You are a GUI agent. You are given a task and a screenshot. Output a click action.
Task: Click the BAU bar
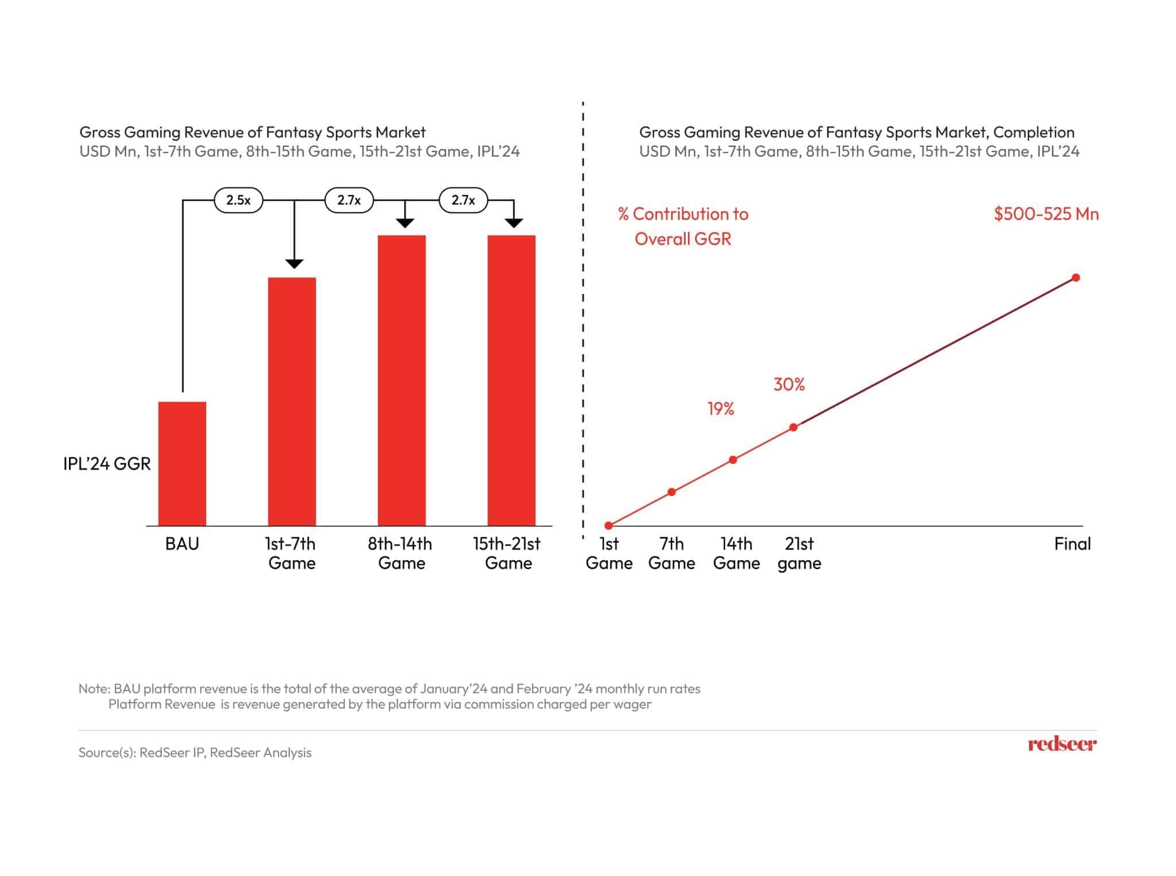tap(182, 463)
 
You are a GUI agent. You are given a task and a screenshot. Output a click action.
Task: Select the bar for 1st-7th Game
tap(292, 401)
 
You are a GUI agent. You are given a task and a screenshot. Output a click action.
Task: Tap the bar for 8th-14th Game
tap(401, 380)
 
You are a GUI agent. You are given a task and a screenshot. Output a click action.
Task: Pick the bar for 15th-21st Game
tap(511, 380)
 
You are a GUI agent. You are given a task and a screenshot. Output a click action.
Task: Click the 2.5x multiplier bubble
tap(238, 200)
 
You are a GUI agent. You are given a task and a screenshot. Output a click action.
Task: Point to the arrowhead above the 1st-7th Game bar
tap(294, 263)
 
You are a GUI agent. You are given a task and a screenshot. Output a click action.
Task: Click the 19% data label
tap(721, 409)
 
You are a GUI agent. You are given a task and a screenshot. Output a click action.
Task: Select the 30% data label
tap(789, 385)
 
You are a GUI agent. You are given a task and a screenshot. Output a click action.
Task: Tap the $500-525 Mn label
tap(1046, 214)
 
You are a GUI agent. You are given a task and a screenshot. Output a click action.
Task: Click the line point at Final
tap(1076, 278)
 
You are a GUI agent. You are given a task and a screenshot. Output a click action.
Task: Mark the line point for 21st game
tap(793, 427)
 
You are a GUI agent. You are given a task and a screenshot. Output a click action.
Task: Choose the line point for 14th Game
tap(733, 460)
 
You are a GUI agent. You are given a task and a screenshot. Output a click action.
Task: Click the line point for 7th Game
tap(671, 492)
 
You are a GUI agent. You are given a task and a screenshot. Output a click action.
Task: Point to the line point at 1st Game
tap(609, 525)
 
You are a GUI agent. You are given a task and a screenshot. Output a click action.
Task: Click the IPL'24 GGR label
tap(107, 464)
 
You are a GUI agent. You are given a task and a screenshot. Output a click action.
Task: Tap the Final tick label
tap(1071, 544)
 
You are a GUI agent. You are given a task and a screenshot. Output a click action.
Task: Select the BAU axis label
tap(182, 544)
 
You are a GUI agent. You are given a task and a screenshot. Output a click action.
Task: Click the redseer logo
tap(1061, 745)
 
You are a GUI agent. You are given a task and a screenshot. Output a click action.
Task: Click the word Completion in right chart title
tap(1033, 133)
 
